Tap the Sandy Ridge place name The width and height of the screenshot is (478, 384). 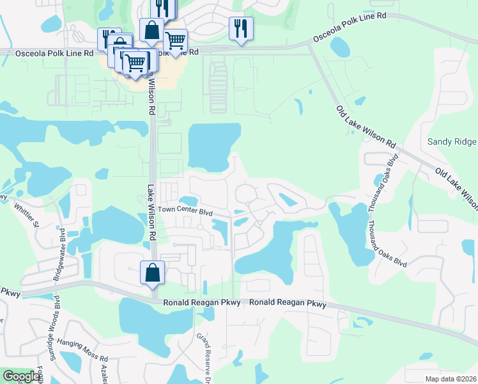(x=452, y=141)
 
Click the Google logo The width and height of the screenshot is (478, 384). (x=20, y=376)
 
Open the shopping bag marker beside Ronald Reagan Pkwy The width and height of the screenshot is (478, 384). (x=153, y=274)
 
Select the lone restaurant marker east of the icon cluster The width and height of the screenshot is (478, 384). (x=241, y=29)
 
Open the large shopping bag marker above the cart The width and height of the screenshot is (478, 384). (x=151, y=30)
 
